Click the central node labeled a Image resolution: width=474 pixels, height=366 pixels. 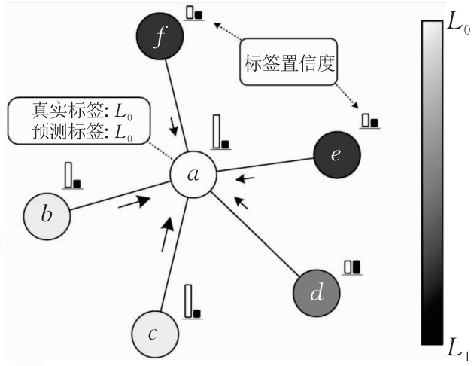193,175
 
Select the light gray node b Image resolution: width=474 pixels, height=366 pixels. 47,215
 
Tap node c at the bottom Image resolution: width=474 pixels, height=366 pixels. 154,334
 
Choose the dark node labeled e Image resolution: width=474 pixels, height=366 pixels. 337,155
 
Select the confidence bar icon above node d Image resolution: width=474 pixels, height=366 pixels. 351,267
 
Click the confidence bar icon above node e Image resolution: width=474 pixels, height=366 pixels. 369,120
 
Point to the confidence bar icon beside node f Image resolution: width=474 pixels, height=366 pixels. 195,13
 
